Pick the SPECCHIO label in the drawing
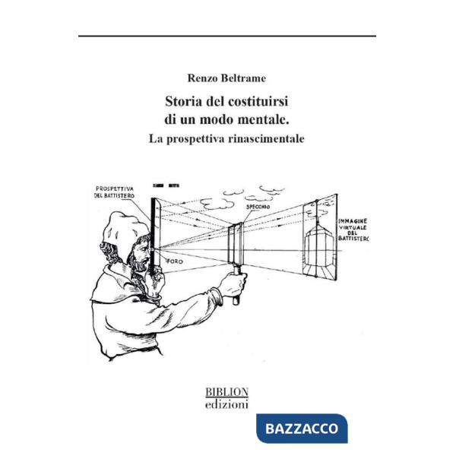pyautogui.click(x=259, y=206)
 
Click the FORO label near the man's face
pyautogui.click(x=176, y=259)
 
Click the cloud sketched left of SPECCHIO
pyautogui.click(x=217, y=203)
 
